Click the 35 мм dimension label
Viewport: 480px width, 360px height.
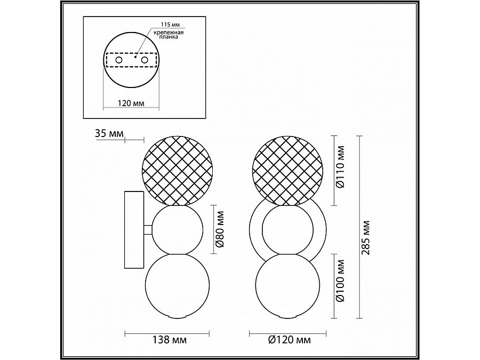108,134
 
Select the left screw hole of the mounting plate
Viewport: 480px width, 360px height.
119,61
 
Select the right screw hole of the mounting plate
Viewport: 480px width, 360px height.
144,61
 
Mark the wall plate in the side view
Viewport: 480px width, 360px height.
133,230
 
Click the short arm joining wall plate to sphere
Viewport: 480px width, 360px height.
147,230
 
